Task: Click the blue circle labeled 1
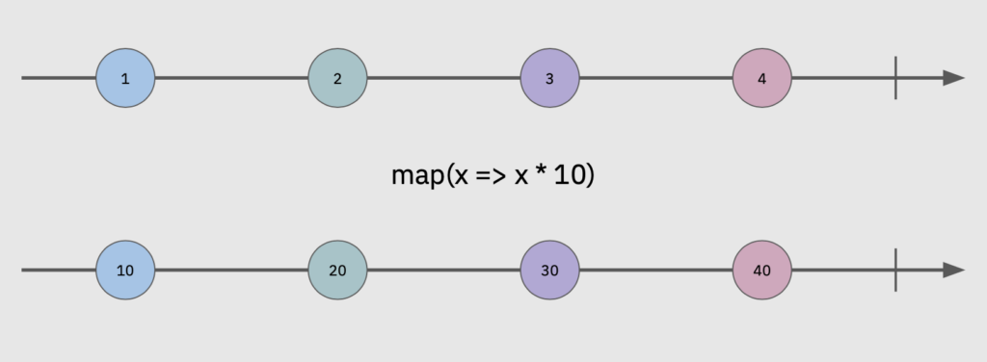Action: (x=125, y=78)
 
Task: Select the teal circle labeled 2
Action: (x=337, y=78)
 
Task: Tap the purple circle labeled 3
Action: (x=549, y=78)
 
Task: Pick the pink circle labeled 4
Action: (x=761, y=78)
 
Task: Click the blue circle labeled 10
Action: (x=125, y=271)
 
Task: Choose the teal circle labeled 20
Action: (x=337, y=271)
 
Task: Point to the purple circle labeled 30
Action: (x=549, y=271)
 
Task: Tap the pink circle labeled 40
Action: (x=761, y=271)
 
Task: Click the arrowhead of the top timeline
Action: (x=953, y=78)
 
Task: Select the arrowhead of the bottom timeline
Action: (x=953, y=271)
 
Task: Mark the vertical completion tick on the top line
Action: (x=896, y=78)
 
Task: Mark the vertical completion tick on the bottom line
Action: (x=896, y=271)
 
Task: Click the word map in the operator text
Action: (x=416, y=177)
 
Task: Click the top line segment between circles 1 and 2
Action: (x=231, y=78)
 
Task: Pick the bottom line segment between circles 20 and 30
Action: (x=443, y=271)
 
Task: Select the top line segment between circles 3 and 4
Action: (x=655, y=78)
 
